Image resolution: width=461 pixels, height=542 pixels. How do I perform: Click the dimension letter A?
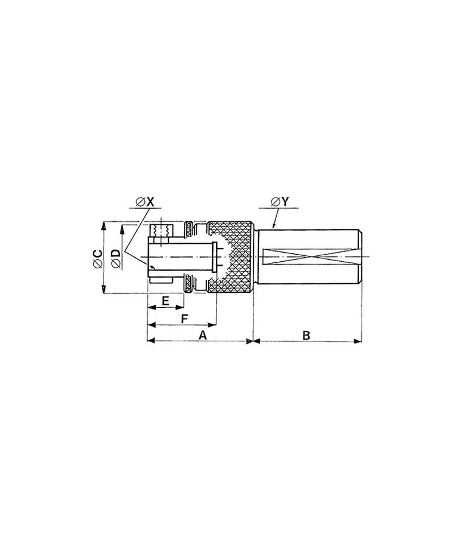coord(203,335)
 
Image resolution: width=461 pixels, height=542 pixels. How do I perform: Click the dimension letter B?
coord(306,335)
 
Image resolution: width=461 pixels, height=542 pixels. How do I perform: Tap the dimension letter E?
coord(165,300)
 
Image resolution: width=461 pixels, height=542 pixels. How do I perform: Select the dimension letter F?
coord(184,318)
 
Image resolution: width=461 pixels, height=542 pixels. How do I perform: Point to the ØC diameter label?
coord(98,258)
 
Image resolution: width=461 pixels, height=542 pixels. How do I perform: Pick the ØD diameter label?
coord(116,258)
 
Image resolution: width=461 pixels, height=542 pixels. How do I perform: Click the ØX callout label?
coord(145,202)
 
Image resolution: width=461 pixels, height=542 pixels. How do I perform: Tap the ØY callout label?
coord(279,202)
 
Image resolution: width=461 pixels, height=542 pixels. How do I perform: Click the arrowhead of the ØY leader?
coord(273,227)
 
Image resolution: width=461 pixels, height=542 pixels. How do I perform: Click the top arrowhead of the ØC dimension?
coord(103,225)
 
